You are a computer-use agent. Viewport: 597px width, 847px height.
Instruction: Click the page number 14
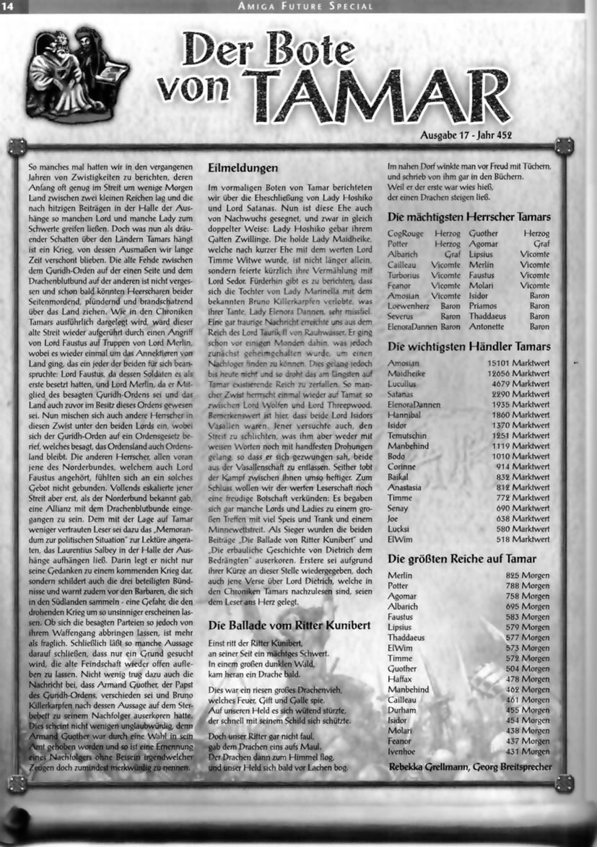tap(13, 6)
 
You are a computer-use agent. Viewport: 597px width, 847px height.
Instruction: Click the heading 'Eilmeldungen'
tap(243, 168)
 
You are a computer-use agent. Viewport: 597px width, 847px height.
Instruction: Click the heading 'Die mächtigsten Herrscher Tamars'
tap(469, 217)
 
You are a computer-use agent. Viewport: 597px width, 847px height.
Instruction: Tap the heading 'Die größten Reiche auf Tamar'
tap(462, 559)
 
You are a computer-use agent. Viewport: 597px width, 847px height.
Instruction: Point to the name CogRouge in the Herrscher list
tap(406, 234)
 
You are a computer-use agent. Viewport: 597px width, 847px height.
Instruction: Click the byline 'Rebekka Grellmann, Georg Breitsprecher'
tap(470, 767)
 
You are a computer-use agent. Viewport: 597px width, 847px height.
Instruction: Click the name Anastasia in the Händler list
tap(406, 487)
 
